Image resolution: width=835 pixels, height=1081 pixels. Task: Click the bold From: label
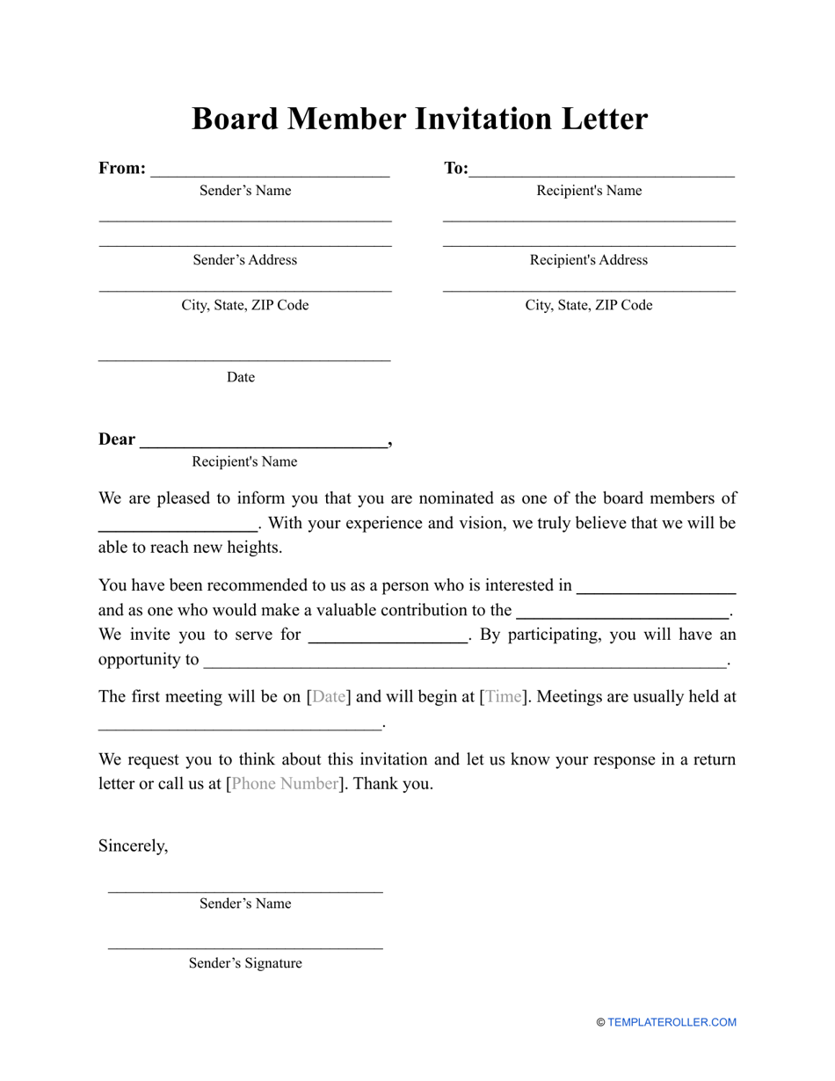pyautogui.click(x=122, y=168)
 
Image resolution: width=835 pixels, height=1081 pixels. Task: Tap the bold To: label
pyautogui.click(x=456, y=168)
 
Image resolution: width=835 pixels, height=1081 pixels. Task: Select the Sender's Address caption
pyautogui.click(x=245, y=260)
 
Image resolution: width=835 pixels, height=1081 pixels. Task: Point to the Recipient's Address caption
pyautogui.click(x=589, y=260)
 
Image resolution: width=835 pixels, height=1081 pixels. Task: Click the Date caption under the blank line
pyautogui.click(x=241, y=377)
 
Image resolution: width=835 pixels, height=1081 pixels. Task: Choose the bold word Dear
pyautogui.click(x=117, y=439)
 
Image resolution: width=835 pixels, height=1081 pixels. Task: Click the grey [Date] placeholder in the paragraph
pyautogui.click(x=329, y=697)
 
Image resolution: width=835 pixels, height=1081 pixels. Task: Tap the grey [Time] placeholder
pyautogui.click(x=504, y=697)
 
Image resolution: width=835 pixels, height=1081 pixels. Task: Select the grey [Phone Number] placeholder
pyautogui.click(x=284, y=784)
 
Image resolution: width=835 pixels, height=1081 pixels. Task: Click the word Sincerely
pyautogui.click(x=133, y=845)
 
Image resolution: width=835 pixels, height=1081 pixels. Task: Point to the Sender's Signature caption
pyautogui.click(x=245, y=963)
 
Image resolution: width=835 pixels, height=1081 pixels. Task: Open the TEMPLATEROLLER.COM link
pyautogui.click(x=672, y=1022)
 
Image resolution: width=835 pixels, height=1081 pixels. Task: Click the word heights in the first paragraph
pyautogui.click(x=254, y=548)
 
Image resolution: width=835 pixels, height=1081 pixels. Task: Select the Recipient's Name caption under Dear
pyautogui.click(x=245, y=461)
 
